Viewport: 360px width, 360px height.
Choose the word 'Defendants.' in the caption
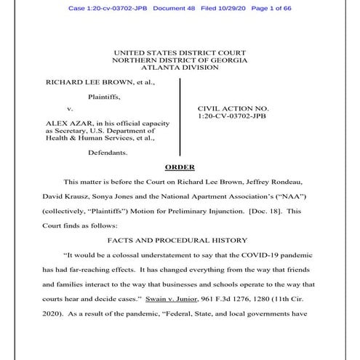[x=108, y=153]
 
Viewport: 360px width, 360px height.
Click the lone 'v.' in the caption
[x=70, y=109]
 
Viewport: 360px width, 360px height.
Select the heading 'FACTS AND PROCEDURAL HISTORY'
[x=180, y=239]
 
